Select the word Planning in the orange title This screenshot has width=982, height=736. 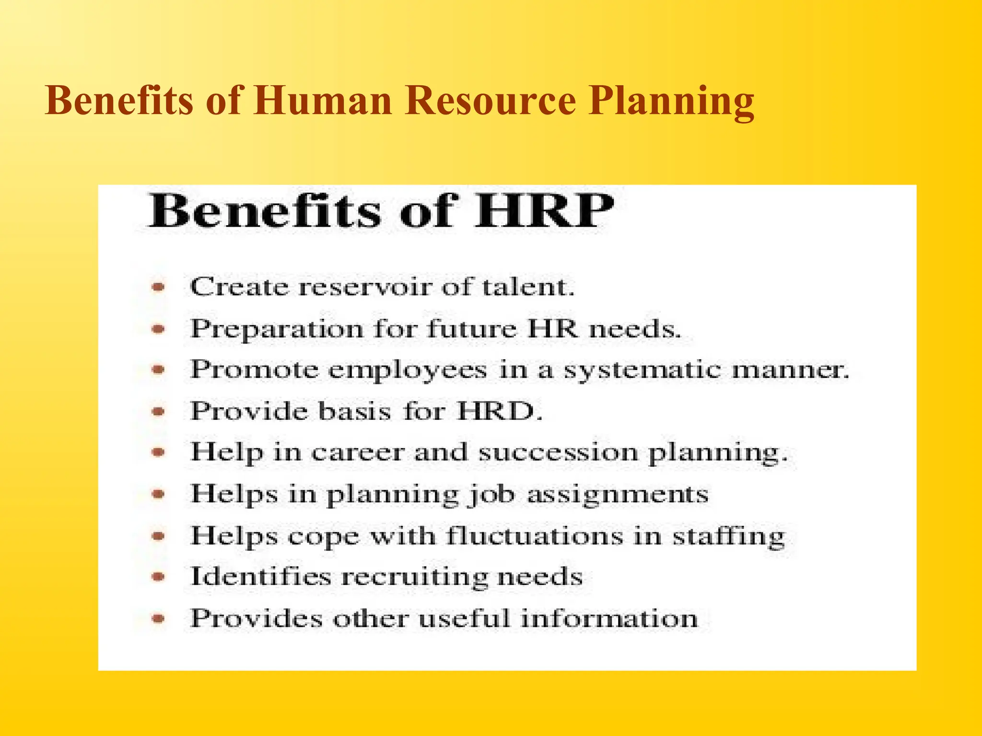671,102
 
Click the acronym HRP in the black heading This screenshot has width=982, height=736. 544,211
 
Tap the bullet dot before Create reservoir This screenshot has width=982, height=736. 158,287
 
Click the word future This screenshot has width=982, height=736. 472,329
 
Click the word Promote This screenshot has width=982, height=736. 254,370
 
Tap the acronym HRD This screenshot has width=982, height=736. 499,411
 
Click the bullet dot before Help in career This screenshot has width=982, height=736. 158,452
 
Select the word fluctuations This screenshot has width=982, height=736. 535,536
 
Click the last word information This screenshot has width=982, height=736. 609,618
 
